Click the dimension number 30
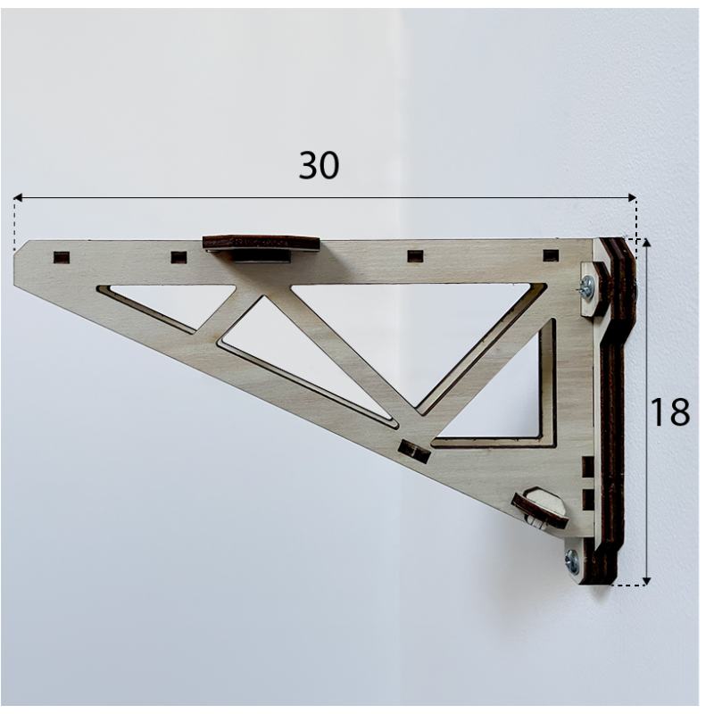319,165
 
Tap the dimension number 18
669,411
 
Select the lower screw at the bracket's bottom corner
572,561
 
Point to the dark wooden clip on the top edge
261,243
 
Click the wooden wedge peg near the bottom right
539,508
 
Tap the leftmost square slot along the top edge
62,257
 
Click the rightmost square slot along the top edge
551,256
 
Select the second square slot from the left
178,257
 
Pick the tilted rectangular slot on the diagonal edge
413,452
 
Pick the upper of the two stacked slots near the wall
587,466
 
